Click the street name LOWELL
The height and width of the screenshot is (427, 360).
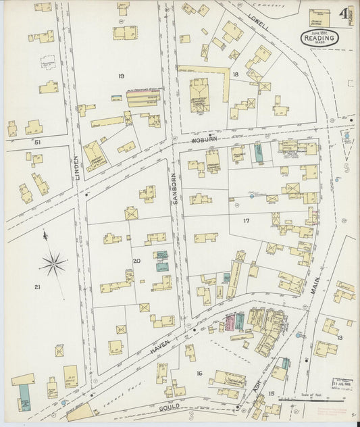click(258, 21)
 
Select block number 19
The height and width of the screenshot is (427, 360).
click(121, 76)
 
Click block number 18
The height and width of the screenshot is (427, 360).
click(235, 74)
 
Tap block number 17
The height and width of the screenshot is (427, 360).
click(247, 221)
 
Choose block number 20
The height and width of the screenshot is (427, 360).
click(136, 261)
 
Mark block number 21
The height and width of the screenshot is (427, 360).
click(37, 288)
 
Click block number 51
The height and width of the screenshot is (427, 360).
click(38, 143)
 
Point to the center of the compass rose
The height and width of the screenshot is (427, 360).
click(54, 263)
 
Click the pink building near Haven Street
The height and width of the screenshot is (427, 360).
click(239, 322)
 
